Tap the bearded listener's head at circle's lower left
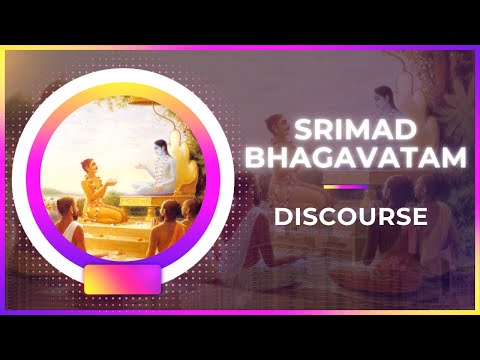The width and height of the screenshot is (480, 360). [67, 206]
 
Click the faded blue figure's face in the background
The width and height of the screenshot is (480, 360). [381, 97]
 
